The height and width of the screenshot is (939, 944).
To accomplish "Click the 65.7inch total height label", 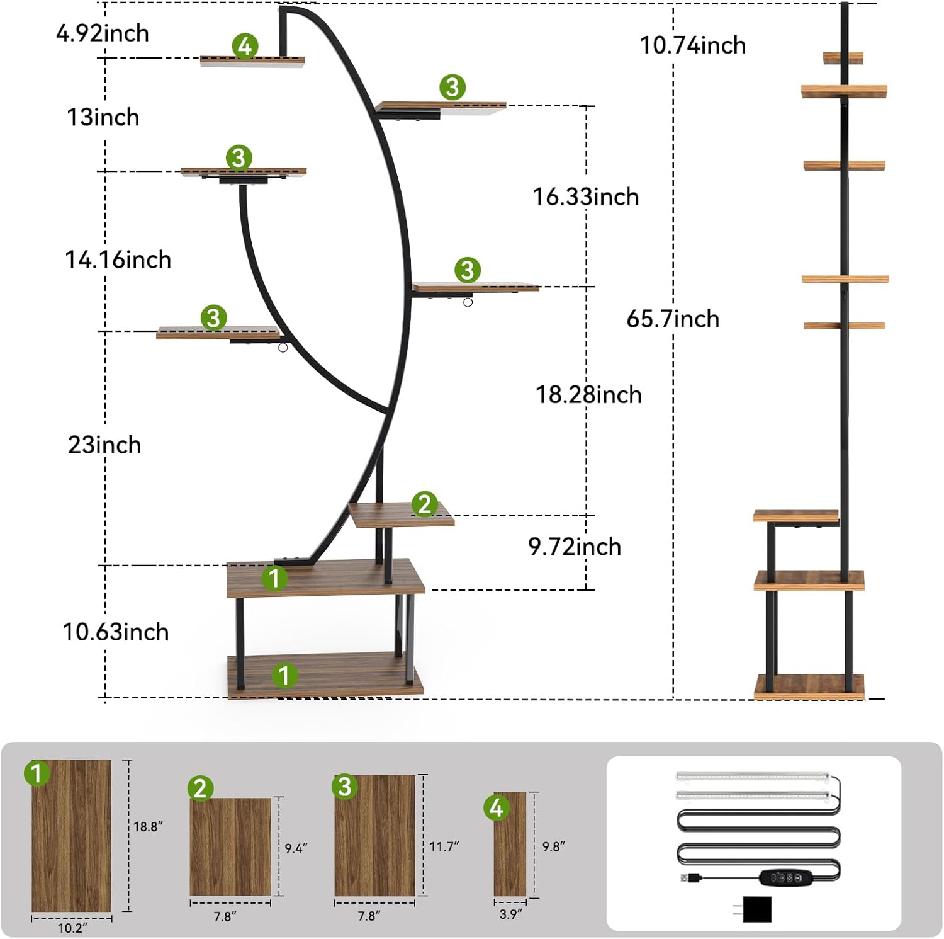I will pos(672,319).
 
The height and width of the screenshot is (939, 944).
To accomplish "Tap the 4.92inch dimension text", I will pos(102,33).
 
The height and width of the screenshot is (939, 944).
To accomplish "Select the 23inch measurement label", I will pos(104,445).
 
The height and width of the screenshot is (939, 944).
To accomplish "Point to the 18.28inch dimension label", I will pos(588,394).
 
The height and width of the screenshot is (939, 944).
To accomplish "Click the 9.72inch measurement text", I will pos(574,547).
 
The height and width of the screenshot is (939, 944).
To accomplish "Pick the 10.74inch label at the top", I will pos(692,45).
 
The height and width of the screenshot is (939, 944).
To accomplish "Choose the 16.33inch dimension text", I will pos(585,196).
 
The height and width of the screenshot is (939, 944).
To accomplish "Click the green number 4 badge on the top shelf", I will pos(245,46).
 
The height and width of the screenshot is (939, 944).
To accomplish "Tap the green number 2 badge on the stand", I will pos(424,504).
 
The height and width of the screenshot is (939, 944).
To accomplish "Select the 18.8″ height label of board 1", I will pos(148,826).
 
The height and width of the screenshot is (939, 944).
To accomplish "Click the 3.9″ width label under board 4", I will pos(510,913).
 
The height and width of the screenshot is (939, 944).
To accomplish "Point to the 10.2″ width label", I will pos(72,928).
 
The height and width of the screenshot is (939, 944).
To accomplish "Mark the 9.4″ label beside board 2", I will pos(296,848).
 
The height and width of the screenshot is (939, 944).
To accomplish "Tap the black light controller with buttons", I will pos(785,877).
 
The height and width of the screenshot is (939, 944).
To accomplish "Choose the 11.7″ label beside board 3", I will pos(444,846).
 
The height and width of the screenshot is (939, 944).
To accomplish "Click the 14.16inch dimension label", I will pos(118,259).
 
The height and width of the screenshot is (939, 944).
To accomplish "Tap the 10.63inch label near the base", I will pos(116,632).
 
